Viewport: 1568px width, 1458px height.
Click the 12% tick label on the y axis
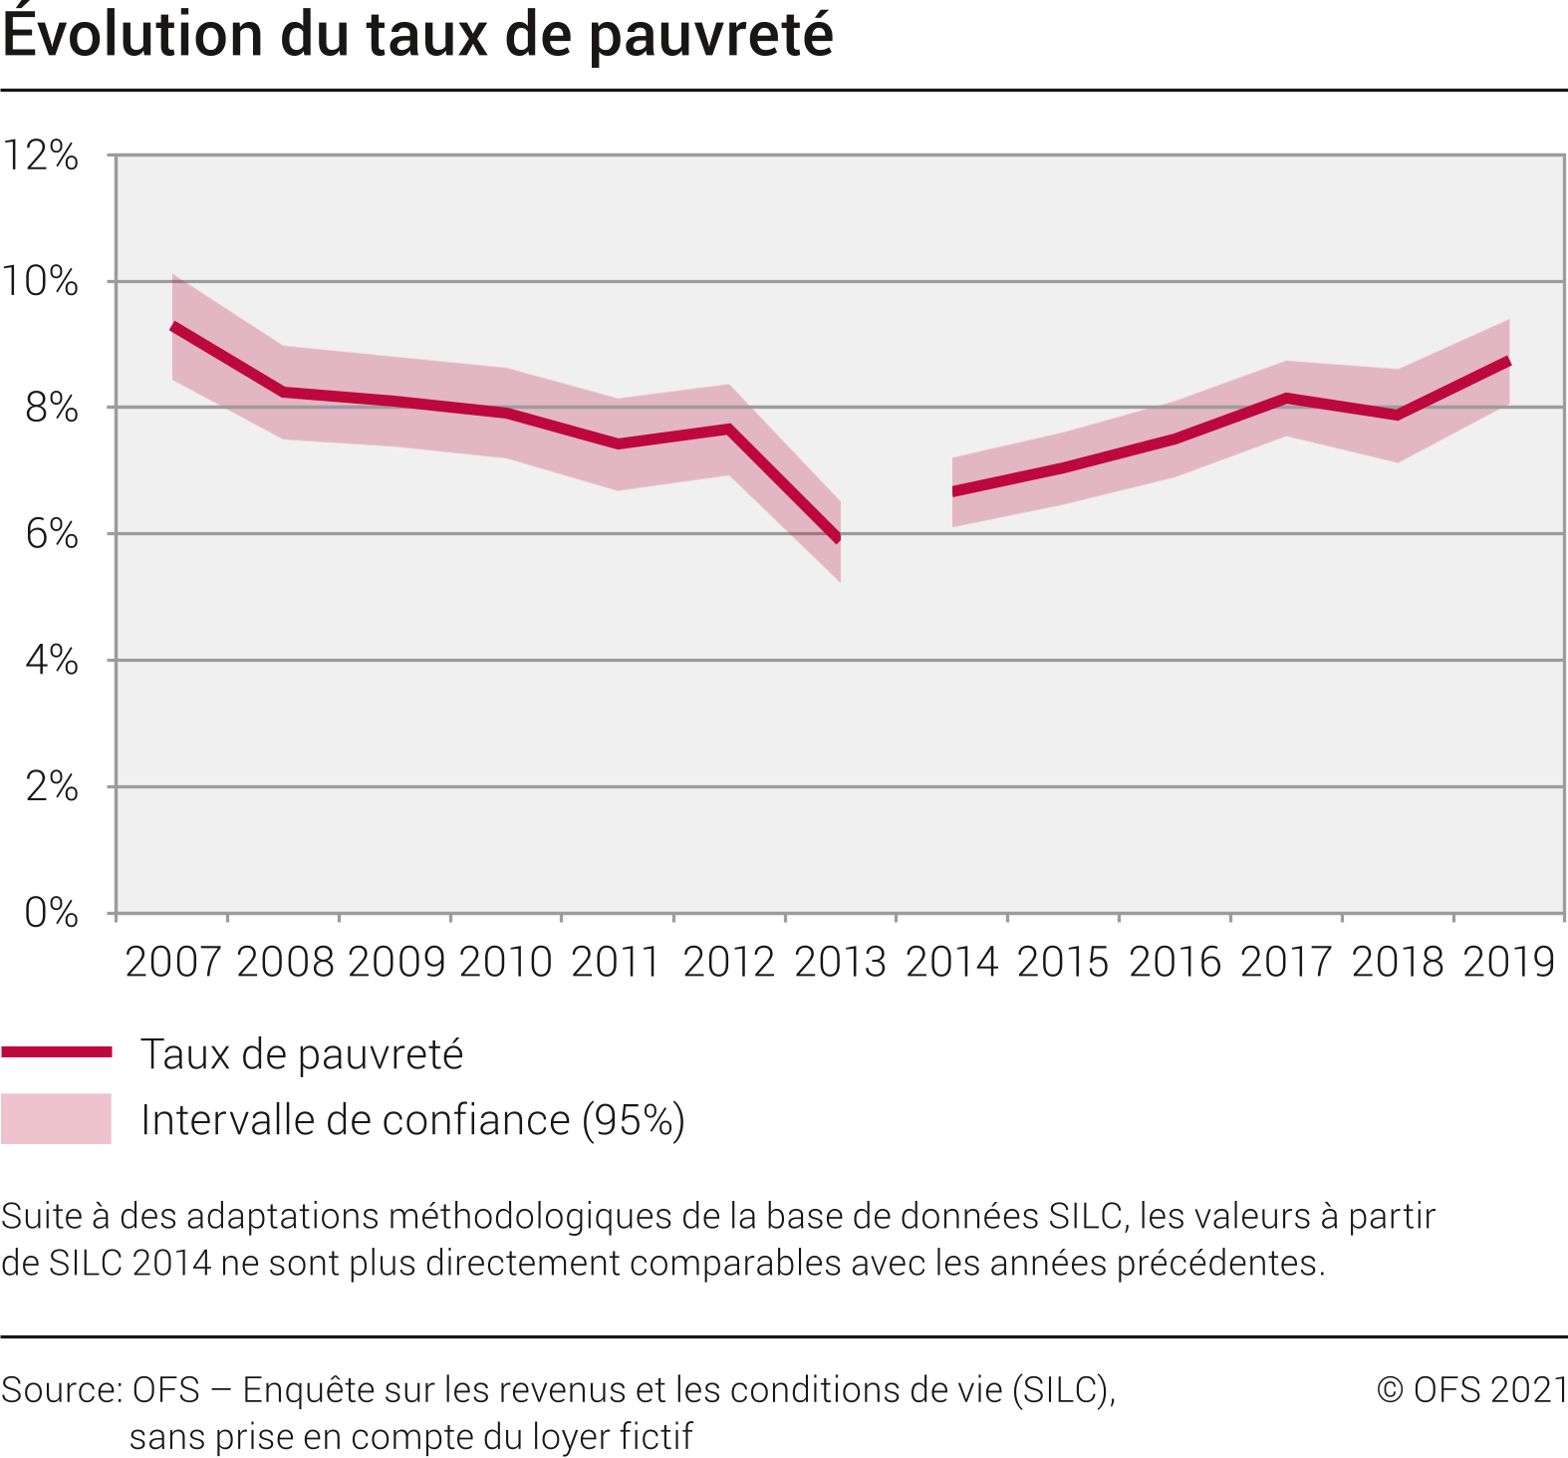tap(41, 155)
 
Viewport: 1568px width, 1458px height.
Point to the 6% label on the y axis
tap(52, 534)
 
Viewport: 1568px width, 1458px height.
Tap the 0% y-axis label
tap(52, 913)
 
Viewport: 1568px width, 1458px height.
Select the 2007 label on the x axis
tap(172, 962)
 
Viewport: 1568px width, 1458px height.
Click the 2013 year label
tap(840, 962)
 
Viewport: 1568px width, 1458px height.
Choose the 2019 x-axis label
tap(1508, 962)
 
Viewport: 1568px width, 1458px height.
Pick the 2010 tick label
tap(506, 962)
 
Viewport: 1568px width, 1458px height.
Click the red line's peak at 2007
tap(173, 326)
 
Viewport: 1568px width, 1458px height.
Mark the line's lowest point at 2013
tap(839, 539)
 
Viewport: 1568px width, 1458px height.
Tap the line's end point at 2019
tap(1508, 362)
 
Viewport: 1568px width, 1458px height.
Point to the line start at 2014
tap(954, 491)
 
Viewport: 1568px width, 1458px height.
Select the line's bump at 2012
tap(729, 429)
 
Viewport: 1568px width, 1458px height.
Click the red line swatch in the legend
tap(56, 1052)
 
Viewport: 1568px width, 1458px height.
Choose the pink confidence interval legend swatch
tap(56, 1119)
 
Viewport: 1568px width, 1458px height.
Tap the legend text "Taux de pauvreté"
tap(302, 1054)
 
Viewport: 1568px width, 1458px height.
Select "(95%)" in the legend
tap(634, 1120)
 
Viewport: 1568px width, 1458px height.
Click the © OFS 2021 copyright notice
tap(1471, 1390)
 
